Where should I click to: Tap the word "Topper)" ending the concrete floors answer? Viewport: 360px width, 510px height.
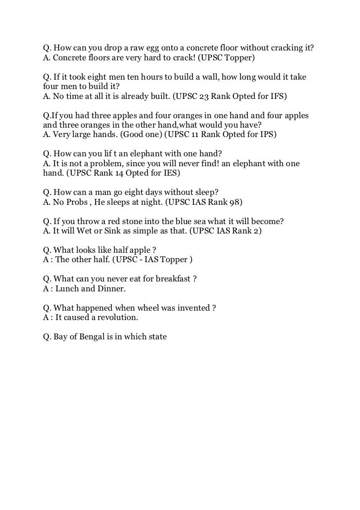239,58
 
